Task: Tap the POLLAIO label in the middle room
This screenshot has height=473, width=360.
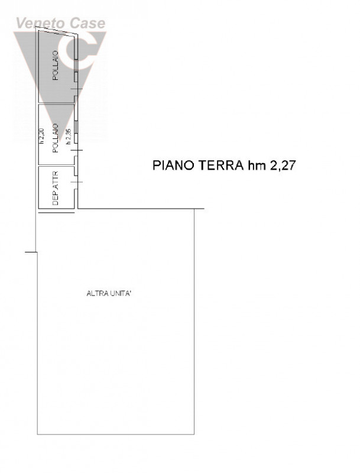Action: click(x=55, y=138)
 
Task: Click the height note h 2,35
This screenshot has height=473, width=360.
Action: click(x=69, y=137)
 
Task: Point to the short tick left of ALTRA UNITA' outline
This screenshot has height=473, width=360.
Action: click(x=31, y=252)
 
